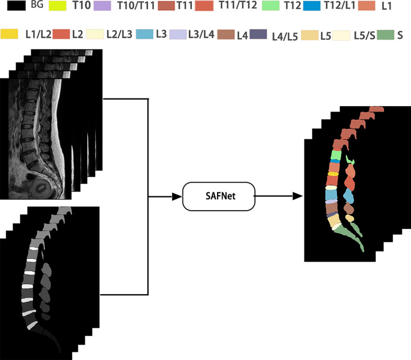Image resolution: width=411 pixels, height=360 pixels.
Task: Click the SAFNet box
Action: point(219,196)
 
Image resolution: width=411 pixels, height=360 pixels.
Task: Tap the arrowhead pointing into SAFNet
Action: point(178,196)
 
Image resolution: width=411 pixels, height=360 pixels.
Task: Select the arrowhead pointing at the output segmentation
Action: point(298,196)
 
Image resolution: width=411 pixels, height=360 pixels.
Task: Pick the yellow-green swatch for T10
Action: point(59,6)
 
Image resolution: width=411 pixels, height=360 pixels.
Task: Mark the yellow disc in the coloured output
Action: point(332,174)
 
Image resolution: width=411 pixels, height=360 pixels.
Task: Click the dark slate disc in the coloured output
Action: point(331,214)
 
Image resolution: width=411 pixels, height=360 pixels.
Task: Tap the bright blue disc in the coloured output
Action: point(335,161)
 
